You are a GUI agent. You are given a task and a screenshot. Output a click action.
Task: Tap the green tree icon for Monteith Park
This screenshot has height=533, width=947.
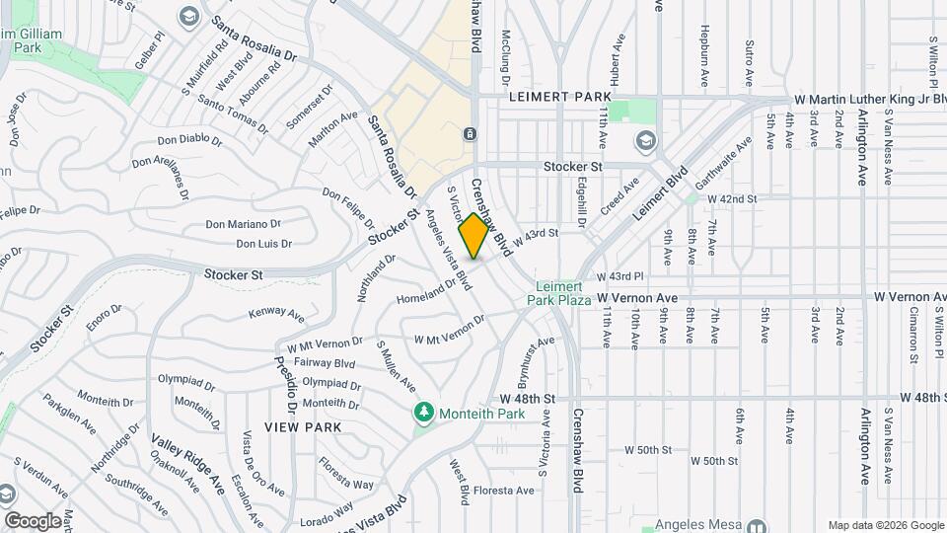tap(424, 412)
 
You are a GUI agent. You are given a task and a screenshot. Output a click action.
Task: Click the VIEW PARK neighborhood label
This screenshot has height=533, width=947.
tap(303, 427)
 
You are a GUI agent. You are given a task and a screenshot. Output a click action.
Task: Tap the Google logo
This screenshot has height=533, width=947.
tap(33, 520)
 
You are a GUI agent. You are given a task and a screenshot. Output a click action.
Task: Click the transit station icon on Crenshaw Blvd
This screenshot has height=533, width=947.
tap(470, 133)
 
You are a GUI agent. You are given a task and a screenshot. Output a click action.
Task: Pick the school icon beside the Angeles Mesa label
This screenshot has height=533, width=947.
tap(757, 527)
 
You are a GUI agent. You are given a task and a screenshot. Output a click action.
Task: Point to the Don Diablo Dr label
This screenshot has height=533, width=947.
tap(189, 139)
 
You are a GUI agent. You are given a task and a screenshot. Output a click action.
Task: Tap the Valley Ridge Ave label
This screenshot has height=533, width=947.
tap(188, 462)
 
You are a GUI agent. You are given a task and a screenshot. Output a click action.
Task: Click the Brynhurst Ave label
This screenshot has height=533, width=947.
tap(533, 362)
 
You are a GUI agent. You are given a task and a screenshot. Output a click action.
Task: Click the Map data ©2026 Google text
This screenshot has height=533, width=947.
tap(884, 525)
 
